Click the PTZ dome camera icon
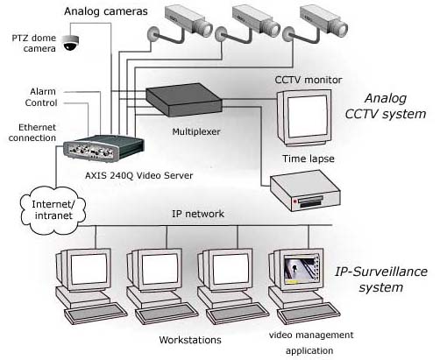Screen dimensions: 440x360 71,43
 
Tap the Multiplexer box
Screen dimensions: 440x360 184,100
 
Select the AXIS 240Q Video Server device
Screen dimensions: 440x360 103,149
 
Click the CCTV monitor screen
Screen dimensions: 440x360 307,116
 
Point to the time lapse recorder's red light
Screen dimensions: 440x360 295,201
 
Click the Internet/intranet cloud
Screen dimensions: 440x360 53,210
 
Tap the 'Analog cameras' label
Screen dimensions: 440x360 106,11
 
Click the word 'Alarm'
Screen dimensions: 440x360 43,91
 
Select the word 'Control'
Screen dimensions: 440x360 41,102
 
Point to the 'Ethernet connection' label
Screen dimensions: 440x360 32,132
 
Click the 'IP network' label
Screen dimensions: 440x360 198,214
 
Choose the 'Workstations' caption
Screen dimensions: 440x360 190,340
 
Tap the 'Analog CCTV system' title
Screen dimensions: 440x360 386,106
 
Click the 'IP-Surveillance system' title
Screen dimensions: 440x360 381,279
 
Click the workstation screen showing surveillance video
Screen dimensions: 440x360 301,270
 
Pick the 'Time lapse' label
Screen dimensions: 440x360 309,159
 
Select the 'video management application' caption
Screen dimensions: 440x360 311,342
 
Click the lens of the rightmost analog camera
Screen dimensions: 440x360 341,29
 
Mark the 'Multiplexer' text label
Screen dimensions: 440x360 196,131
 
